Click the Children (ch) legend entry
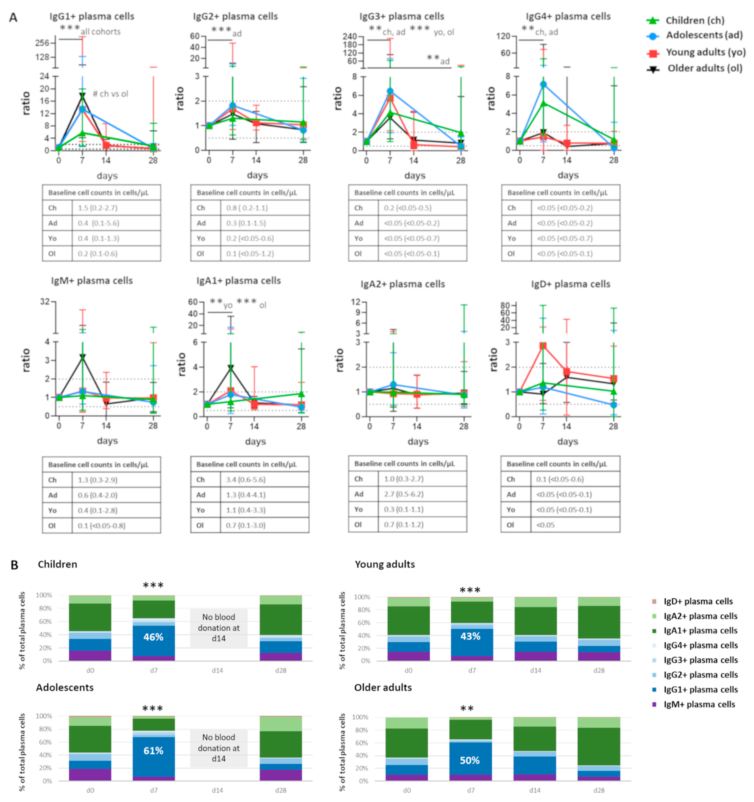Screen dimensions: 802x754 pos(694,20)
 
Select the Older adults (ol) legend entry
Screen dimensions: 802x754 pos(704,68)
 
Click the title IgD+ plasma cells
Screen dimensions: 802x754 pos(571,284)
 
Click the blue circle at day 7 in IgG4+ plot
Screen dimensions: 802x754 pos(543,84)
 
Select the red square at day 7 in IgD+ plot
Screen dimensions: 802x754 pos(543,346)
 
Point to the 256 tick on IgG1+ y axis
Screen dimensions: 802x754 pos(42,43)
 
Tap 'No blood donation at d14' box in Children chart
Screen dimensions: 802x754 pos(219,628)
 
